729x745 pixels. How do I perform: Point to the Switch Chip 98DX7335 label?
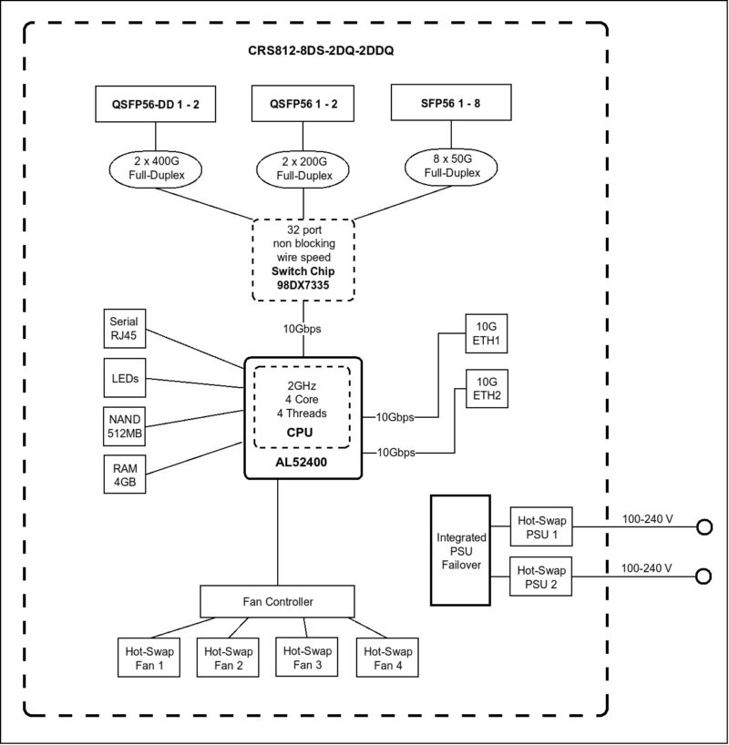tap(302, 279)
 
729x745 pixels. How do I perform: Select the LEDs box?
tap(122, 378)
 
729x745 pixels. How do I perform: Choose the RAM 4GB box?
tap(122, 475)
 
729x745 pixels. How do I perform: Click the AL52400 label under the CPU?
tap(302, 463)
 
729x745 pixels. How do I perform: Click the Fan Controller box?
tap(278, 601)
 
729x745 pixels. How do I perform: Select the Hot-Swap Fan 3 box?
tap(304, 658)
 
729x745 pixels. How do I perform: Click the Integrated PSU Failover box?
tap(460, 549)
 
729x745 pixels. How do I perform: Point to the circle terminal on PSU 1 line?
tap(704, 526)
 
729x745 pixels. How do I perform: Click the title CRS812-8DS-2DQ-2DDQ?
tap(314, 52)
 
